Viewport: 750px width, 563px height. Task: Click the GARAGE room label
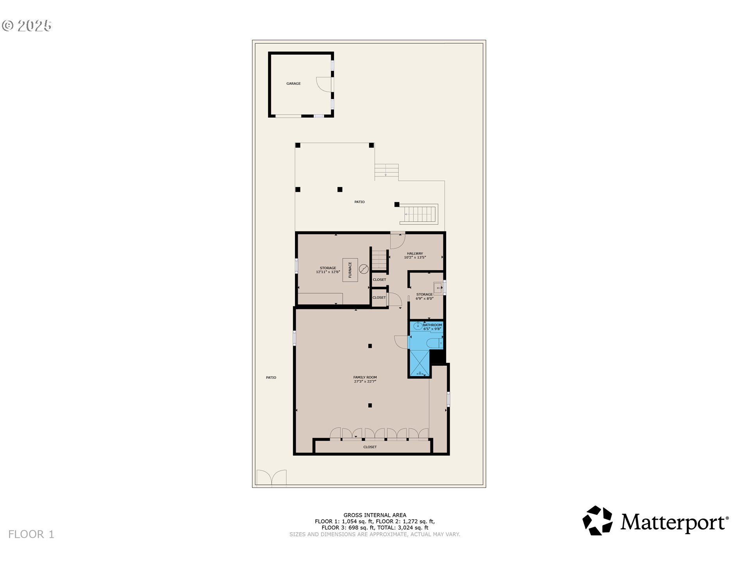click(x=293, y=84)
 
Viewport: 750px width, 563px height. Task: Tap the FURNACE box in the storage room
click(x=350, y=270)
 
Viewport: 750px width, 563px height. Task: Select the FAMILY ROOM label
click(x=365, y=377)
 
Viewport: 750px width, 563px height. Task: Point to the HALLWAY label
click(x=414, y=253)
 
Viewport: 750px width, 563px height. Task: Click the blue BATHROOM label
click(x=432, y=325)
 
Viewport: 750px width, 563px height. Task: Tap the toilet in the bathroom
click(x=434, y=344)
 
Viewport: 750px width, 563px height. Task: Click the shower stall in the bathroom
click(x=419, y=364)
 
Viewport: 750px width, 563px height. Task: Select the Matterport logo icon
click(x=597, y=520)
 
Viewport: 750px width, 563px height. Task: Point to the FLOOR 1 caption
click(x=31, y=534)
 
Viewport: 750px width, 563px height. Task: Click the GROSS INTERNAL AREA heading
click(x=375, y=515)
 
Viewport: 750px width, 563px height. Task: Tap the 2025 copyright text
click(x=27, y=26)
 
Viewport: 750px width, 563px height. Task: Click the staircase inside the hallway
click(x=379, y=260)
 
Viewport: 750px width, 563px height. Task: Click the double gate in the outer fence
click(x=271, y=478)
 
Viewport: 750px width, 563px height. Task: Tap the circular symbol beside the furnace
click(x=364, y=269)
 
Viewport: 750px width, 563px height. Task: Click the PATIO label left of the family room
click(x=271, y=378)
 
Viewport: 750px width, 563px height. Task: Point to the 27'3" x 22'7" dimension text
click(x=365, y=382)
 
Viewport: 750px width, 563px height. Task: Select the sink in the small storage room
click(x=438, y=289)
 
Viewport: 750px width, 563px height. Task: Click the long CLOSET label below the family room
click(x=370, y=447)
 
